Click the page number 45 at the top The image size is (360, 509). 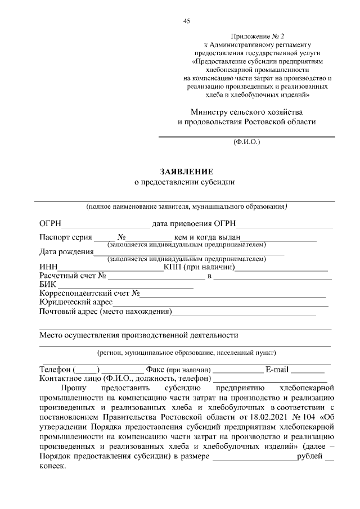(x=187, y=21)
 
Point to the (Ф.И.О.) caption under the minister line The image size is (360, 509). (x=246, y=143)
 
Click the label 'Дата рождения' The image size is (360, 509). (x=66, y=252)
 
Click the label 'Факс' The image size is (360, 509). (x=155, y=370)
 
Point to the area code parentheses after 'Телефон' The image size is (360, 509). (x=86, y=370)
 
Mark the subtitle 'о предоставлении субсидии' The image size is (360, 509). (x=183, y=182)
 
